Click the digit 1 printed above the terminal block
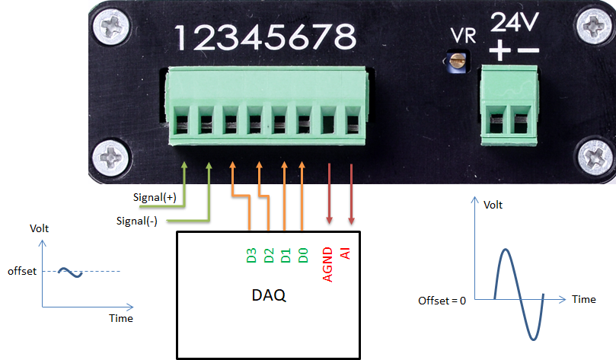coord(183,37)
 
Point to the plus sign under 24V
coord(500,51)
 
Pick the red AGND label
coord(328,263)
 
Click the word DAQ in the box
coord(269,295)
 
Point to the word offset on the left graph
coord(21,271)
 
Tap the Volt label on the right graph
coord(493,205)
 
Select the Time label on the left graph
coord(121,318)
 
